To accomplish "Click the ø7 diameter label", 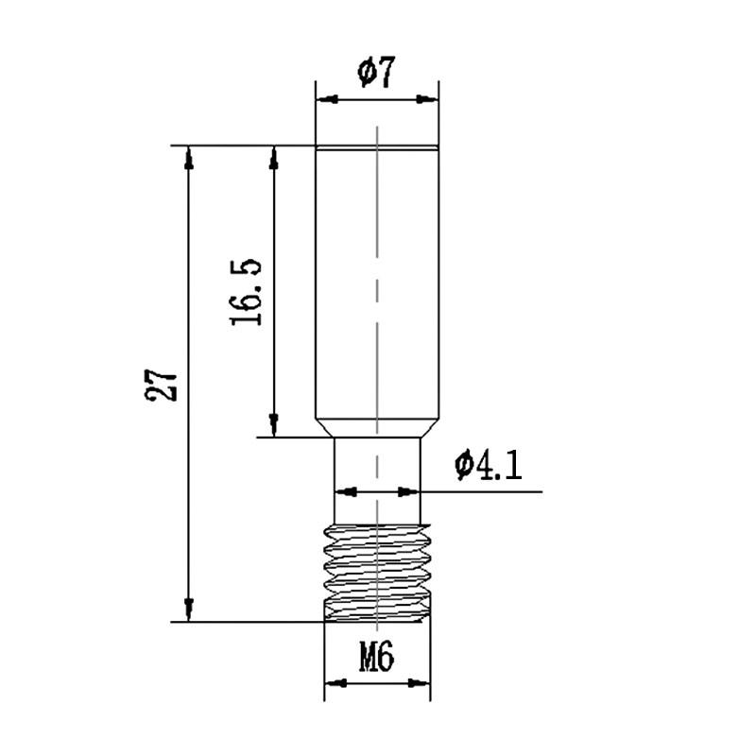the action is [x=376, y=73].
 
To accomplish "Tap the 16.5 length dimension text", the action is [x=247, y=292].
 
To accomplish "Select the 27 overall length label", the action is [x=161, y=386].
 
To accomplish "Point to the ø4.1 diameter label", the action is [x=489, y=465].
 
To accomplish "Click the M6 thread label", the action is [x=376, y=657].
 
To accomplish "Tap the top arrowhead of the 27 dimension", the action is [x=189, y=158].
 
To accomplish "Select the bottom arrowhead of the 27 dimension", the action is [x=189, y=610].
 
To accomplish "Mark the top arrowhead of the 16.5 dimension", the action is [x=274, y=158].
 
